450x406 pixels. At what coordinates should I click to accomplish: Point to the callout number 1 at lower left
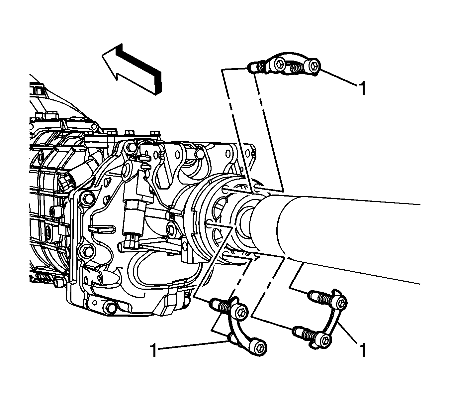154,349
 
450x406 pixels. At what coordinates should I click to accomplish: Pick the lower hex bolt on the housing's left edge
87,251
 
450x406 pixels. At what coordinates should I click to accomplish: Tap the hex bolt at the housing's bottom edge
110,307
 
